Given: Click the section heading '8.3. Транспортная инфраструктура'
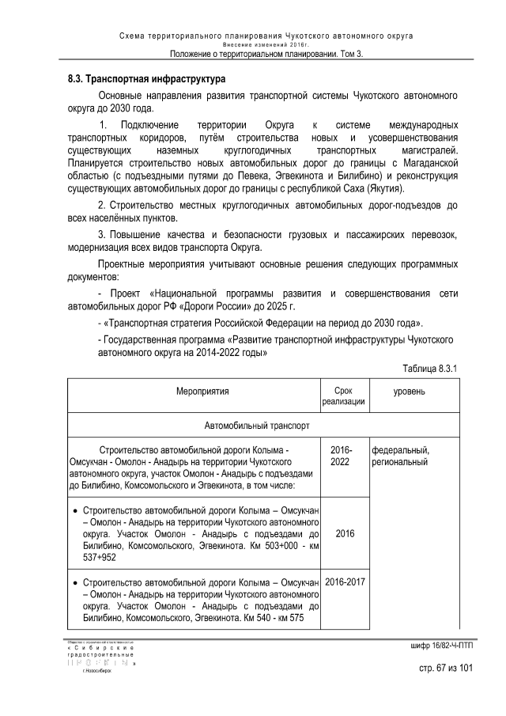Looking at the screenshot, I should pyautogui.click(x=146, y=80).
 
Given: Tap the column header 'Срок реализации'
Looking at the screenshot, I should pyautogui.click(x=343, y=396).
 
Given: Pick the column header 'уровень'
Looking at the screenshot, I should pyautogui.click(x=410, y=391).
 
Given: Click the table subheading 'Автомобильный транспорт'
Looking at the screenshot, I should pyautogui.click(x=257, y=424).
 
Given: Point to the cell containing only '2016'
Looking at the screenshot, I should pyautogui.click(x=344, y=533).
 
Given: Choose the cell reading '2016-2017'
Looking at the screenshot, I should pyautogui.click(x=344, y=583).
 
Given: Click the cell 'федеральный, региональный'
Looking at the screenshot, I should pyautogui.click(x=402, y=454).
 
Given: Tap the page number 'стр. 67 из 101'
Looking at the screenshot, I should pyautogui.click(x=446, y=669).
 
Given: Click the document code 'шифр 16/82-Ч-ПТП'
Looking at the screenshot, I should pyautogui.click(x=441, y=646).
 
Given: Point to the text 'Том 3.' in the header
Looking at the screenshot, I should pyautogui.click(x=348, y=54).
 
